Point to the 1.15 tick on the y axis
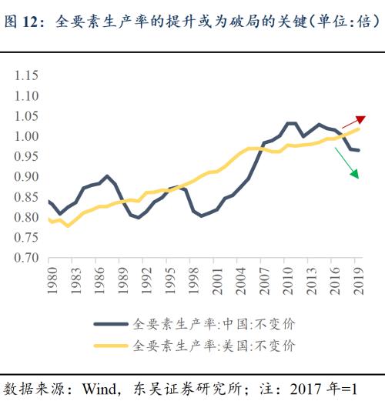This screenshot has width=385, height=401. coord(27,75)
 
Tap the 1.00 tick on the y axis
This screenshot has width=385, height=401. coord(27,136)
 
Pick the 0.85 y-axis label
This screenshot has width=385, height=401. coord(27,197)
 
